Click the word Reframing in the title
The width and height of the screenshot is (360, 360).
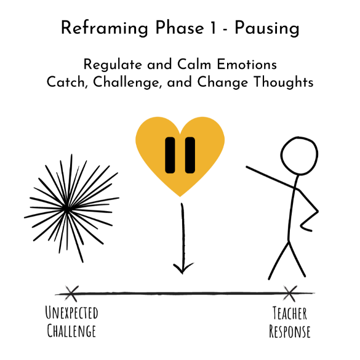[x=105, y=28]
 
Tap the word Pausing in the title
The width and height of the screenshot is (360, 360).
[x=267, y=28]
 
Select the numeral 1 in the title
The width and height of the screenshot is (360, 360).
[x=214, y=28]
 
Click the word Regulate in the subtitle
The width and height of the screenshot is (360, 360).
[x=113, y=65]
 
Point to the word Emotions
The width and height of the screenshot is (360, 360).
[x=247, y=64]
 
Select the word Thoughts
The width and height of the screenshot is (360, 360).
[x=284, y=82]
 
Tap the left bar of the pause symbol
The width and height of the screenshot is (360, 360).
[x=170, y=155]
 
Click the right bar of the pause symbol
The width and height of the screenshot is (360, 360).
[x=190, y=155]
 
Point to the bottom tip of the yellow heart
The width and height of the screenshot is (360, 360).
[x=180, y=196]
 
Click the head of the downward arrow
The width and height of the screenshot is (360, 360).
[x=183, y=268]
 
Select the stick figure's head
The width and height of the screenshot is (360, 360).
[x=299, y=156]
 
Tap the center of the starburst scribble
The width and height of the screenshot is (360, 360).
[x=67, y=209]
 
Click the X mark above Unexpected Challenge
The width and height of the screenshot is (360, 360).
[x=71, y=294]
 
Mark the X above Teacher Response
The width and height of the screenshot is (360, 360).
[x=290, y=294]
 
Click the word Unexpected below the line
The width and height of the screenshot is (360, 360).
[x=71, y=313]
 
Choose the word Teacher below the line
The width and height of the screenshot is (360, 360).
[x=290, y=313]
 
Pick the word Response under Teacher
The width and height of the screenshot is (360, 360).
[x=290, y=331]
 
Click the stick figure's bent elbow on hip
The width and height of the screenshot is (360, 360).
[x=318, y=211]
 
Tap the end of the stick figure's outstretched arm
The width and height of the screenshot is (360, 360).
[x=247, y=167]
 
